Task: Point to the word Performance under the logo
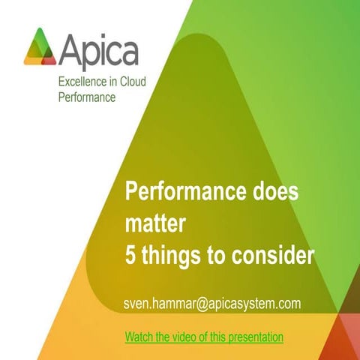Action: pyautogui.click(x=86, y=97)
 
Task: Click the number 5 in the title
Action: pyautogui.click(x=130, y=256)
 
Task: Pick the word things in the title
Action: pyautogui.click(x=170, y=256)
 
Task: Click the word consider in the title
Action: pyautogui.click(x=272, y=256)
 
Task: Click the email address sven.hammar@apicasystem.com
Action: pyautogui.click(x=212, y=303)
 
